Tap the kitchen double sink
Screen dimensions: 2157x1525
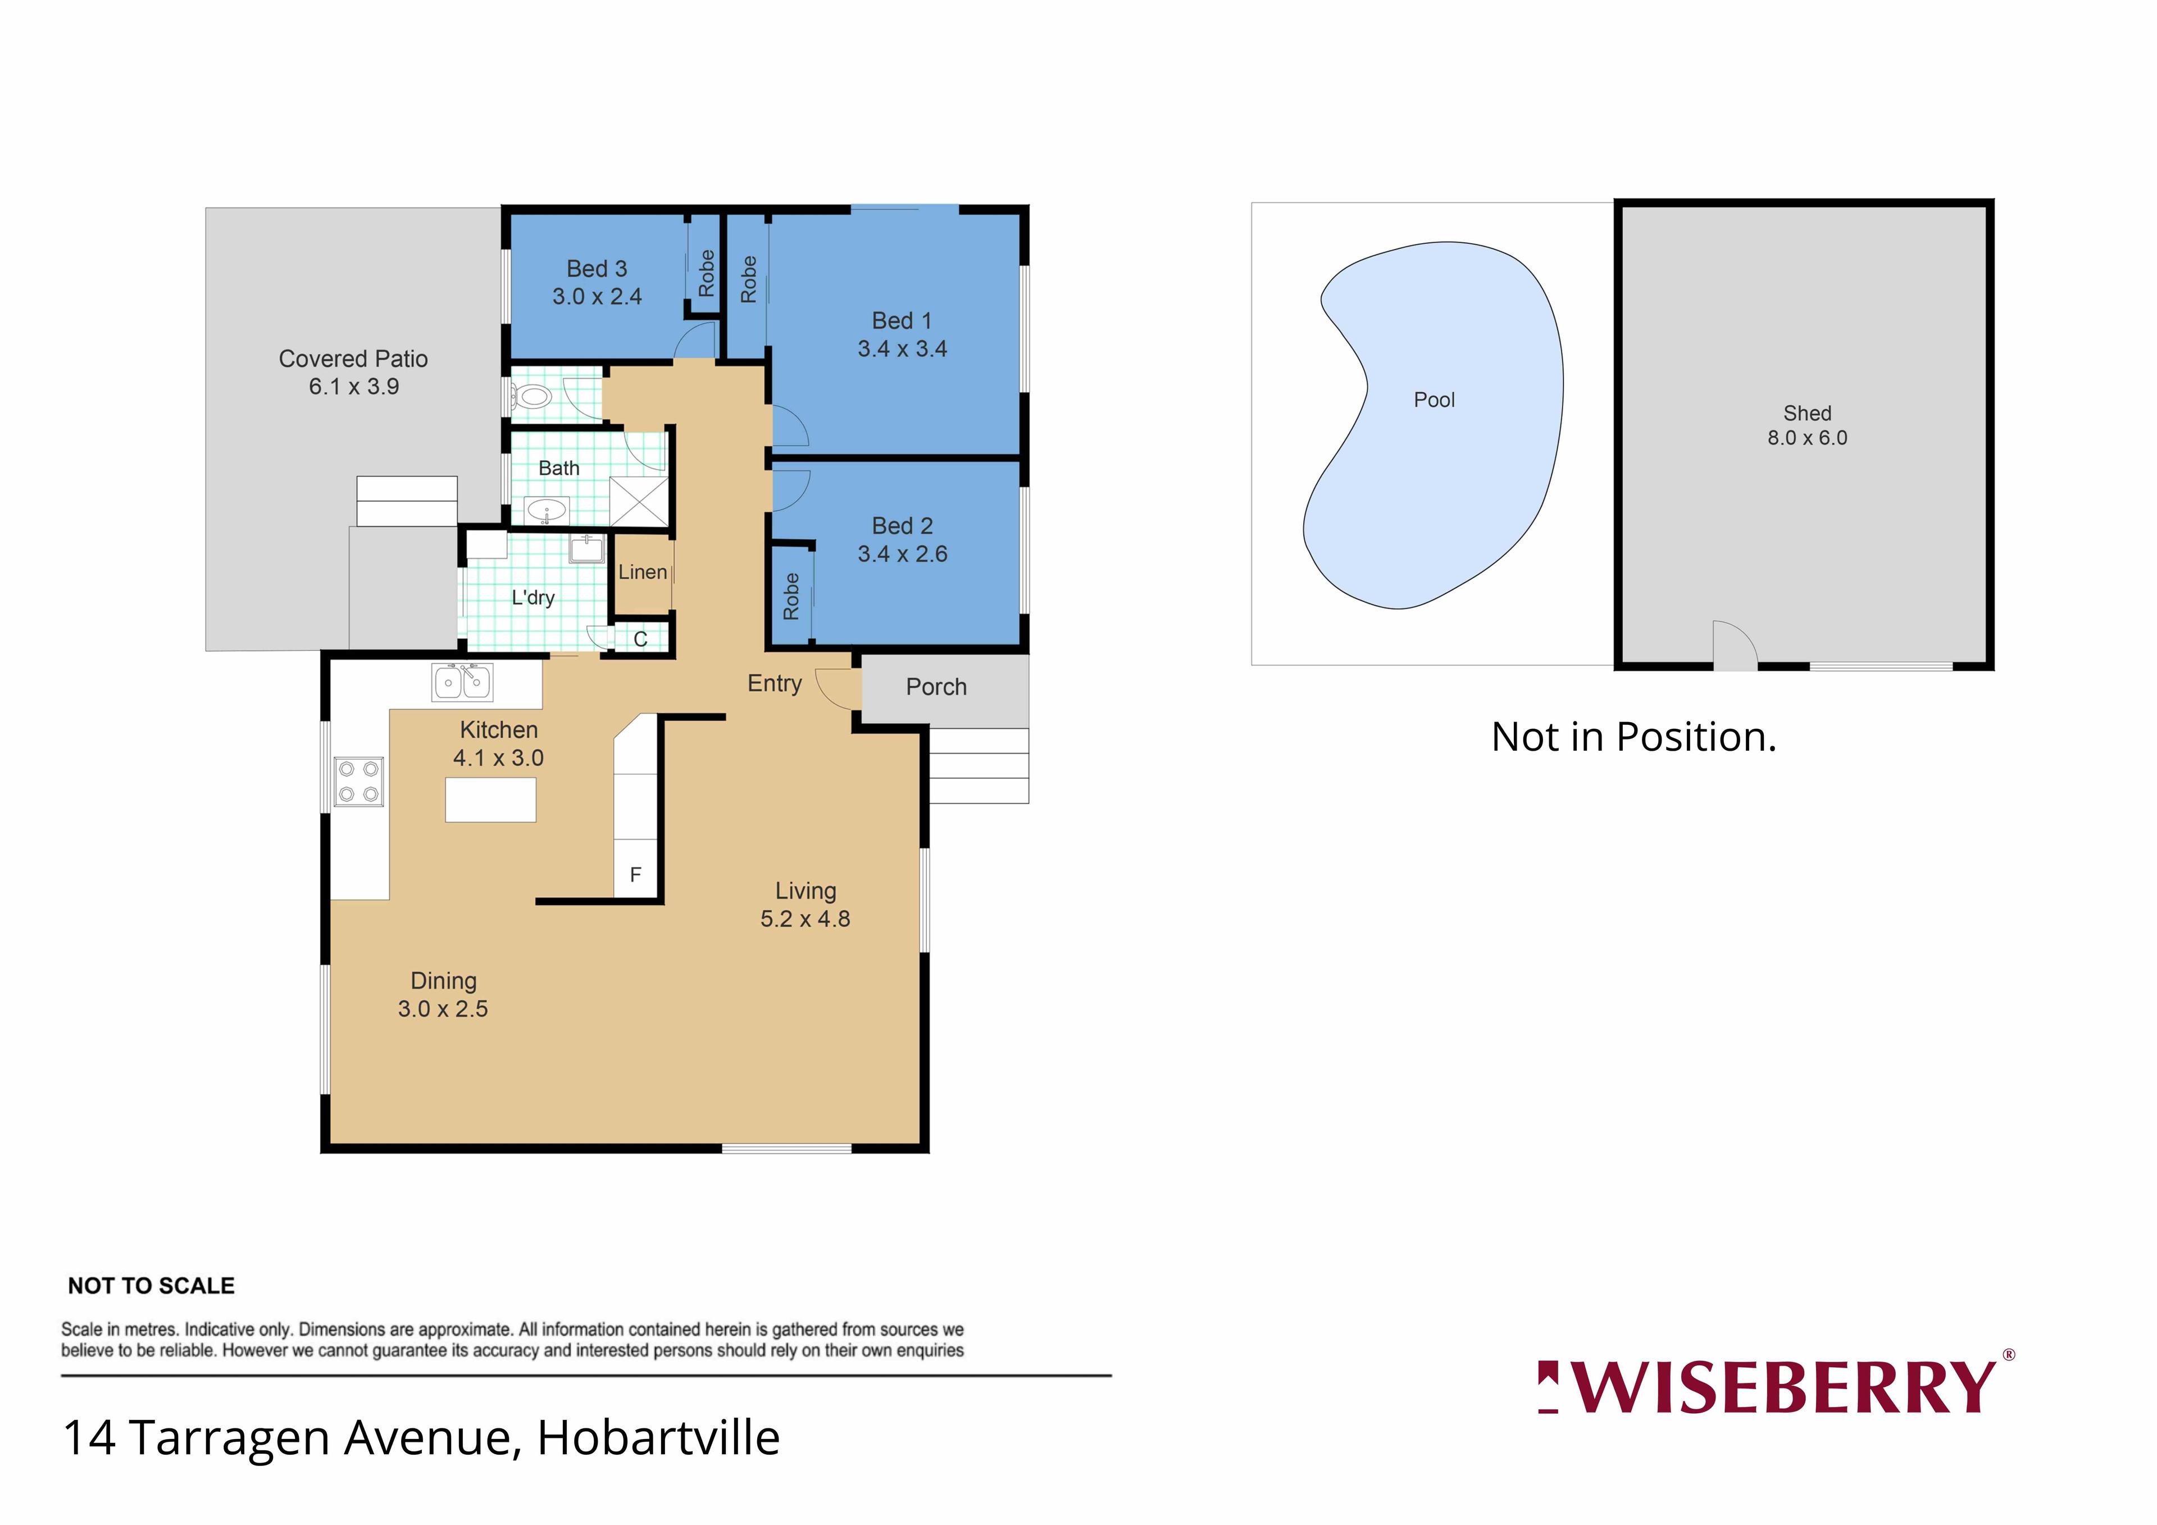point(462,682)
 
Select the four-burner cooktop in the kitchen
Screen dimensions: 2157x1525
point(359,782)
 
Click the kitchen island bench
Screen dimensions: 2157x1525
point(490,800)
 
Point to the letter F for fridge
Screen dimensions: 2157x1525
point(635,875)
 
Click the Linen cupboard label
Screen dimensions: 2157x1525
point(643,571)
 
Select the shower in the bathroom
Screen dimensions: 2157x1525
point(639,502)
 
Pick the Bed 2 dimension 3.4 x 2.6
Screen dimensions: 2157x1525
point(902,555)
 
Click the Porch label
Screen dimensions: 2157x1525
point(936,687)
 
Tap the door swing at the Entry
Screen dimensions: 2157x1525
point(838,689)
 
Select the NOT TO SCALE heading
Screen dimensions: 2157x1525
point(151,1286)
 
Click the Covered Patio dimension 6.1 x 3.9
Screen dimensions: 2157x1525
point(354,387)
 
